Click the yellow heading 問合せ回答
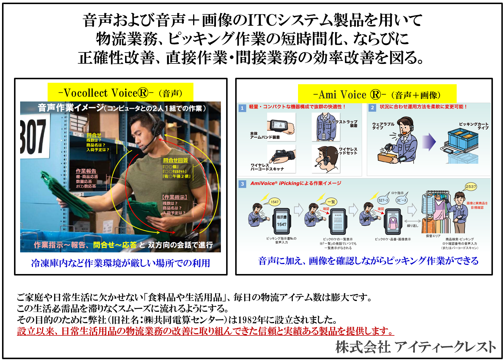176,160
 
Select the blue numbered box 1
242,108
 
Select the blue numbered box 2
372,108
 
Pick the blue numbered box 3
242,184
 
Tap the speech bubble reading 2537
471,187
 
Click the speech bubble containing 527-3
383,200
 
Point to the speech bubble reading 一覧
331,202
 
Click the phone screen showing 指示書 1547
282,221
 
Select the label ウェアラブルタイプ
383,126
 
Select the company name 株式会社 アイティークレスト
415,347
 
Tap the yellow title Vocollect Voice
120,93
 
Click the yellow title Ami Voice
377,94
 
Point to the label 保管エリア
433,236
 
